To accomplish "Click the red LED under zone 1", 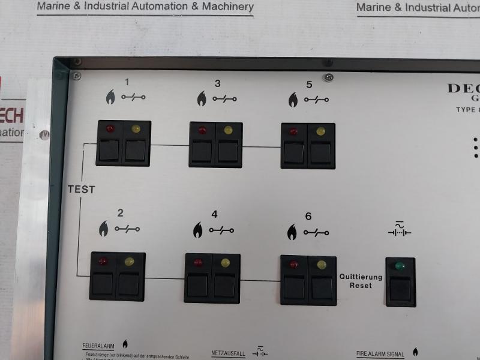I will [110, 128].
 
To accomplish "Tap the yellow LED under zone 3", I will [227, 130].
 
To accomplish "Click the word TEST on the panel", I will [81, 189].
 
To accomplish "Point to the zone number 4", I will [214, 214].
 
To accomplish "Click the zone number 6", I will [308, 217].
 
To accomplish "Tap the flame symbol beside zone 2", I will [104, 229].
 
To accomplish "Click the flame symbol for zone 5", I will [293, 99].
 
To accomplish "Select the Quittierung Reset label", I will [361, 281].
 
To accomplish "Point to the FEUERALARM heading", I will [98, 346].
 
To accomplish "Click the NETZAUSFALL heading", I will [229, 354].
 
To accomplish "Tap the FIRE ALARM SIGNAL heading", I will [380, 354].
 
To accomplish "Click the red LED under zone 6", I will [293, 264].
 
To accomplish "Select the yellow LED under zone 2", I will [129, 261].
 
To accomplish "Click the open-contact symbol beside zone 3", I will [224, 98].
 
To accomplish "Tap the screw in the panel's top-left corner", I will [76, 76].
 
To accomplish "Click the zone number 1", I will [127, 82].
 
